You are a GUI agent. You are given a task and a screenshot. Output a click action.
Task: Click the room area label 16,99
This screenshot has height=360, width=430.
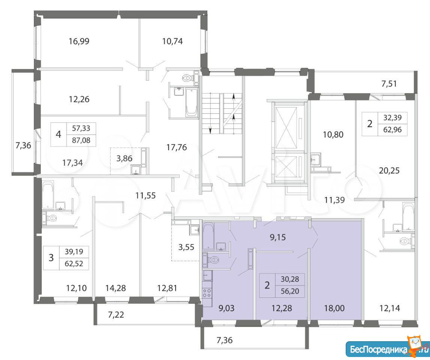click(x=79, y=42)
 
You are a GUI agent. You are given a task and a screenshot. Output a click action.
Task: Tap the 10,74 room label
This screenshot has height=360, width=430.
click(x=173, y=42)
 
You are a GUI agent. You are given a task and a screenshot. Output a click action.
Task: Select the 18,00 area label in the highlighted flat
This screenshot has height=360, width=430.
click(x=334, y=308)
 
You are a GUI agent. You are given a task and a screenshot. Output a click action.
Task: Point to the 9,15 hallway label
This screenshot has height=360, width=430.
click(x=278, y=237)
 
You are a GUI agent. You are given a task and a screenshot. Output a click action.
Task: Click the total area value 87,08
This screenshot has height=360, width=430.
click(x=81, y=140)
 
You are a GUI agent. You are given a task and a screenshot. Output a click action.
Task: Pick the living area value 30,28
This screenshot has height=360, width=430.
click(x=290, y=279)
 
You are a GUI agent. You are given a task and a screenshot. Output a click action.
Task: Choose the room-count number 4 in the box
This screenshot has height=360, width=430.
click(x=58, y=135)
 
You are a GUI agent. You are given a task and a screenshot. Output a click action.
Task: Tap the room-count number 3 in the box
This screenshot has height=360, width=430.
click(x=51, y=258)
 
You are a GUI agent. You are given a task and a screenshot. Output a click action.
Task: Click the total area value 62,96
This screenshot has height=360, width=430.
click(x=393, y=130)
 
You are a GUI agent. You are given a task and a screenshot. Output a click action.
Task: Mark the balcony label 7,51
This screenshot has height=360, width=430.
click(x=389, y=84)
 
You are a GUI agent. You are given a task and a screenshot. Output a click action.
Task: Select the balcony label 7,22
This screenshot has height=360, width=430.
click(x=116, y=315)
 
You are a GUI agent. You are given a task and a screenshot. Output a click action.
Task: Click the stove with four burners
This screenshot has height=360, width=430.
click(x=207, y=293)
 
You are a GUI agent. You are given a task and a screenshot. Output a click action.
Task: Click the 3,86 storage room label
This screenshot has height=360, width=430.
click(x=124, y=159)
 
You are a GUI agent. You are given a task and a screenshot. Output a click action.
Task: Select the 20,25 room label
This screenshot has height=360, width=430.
click(x=389, y=171)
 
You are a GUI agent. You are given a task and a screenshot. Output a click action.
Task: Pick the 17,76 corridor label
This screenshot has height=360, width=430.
click(x=177, y=147)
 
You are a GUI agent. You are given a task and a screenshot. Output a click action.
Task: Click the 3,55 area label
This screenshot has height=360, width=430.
click(x=186, y=247)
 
